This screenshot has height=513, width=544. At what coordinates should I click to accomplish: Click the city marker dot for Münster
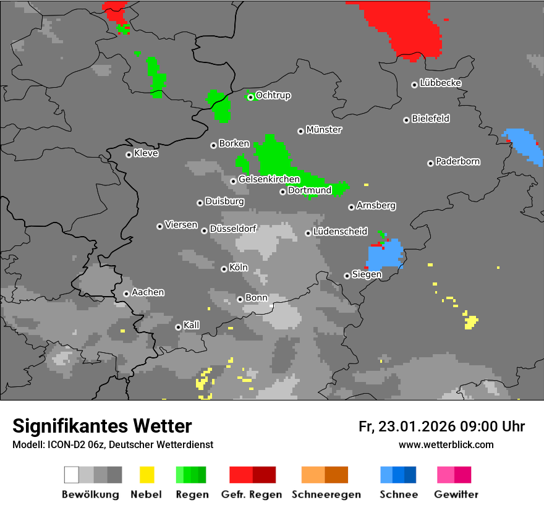300,131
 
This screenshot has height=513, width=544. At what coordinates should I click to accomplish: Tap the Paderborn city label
457,161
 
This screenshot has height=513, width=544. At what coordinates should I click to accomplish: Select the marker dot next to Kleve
129,155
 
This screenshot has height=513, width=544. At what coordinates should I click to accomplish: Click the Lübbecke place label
440,83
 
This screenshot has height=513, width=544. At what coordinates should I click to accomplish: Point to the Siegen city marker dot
347,276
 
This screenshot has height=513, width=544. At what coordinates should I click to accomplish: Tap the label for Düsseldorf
232,229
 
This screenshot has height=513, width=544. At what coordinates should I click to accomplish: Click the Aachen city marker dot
126,294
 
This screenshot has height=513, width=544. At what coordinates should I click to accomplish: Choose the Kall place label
191,325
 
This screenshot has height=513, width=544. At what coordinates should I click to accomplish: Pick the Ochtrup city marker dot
250,97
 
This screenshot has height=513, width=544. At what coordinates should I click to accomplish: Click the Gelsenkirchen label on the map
269,179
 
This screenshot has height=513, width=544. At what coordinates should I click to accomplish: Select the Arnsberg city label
376,205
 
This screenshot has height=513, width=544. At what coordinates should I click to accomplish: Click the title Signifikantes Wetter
102,426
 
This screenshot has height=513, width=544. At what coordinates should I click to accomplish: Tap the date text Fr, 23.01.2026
407,426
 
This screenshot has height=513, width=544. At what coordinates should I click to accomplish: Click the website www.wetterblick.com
446,444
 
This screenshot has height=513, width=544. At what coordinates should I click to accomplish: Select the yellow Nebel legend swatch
147,475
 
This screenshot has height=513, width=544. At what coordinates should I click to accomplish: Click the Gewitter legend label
456,494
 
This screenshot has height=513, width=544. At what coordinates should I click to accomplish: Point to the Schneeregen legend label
325,494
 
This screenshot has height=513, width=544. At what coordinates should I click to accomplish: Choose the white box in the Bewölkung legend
72,475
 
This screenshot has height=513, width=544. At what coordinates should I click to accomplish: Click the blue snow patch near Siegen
383,256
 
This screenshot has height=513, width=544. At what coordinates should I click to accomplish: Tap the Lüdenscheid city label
340,232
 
